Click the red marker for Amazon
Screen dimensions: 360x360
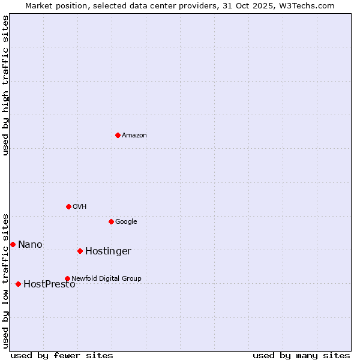[118, 135]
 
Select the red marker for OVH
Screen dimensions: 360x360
[68, 206]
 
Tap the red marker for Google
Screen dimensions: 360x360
[111, 221]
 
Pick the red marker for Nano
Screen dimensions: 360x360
[13, 244]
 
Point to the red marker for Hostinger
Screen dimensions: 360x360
[80, 251]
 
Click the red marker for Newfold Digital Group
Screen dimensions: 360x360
[67, 278]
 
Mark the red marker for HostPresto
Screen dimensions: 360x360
[18, 284]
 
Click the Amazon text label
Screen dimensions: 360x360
[134, 136]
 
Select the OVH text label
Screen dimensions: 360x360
[79, 207]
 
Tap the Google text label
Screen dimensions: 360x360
[126, 222]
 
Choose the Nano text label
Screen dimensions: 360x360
[30, 245]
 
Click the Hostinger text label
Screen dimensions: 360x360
[108, 251]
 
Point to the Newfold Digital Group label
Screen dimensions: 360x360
[106, 279]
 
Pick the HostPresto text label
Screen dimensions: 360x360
[49, 284]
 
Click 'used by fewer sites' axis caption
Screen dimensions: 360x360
[62, 356]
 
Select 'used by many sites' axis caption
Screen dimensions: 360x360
[301, 356]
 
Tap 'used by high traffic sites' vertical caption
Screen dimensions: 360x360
[5, 85]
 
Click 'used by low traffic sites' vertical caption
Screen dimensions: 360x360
[5, 280]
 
